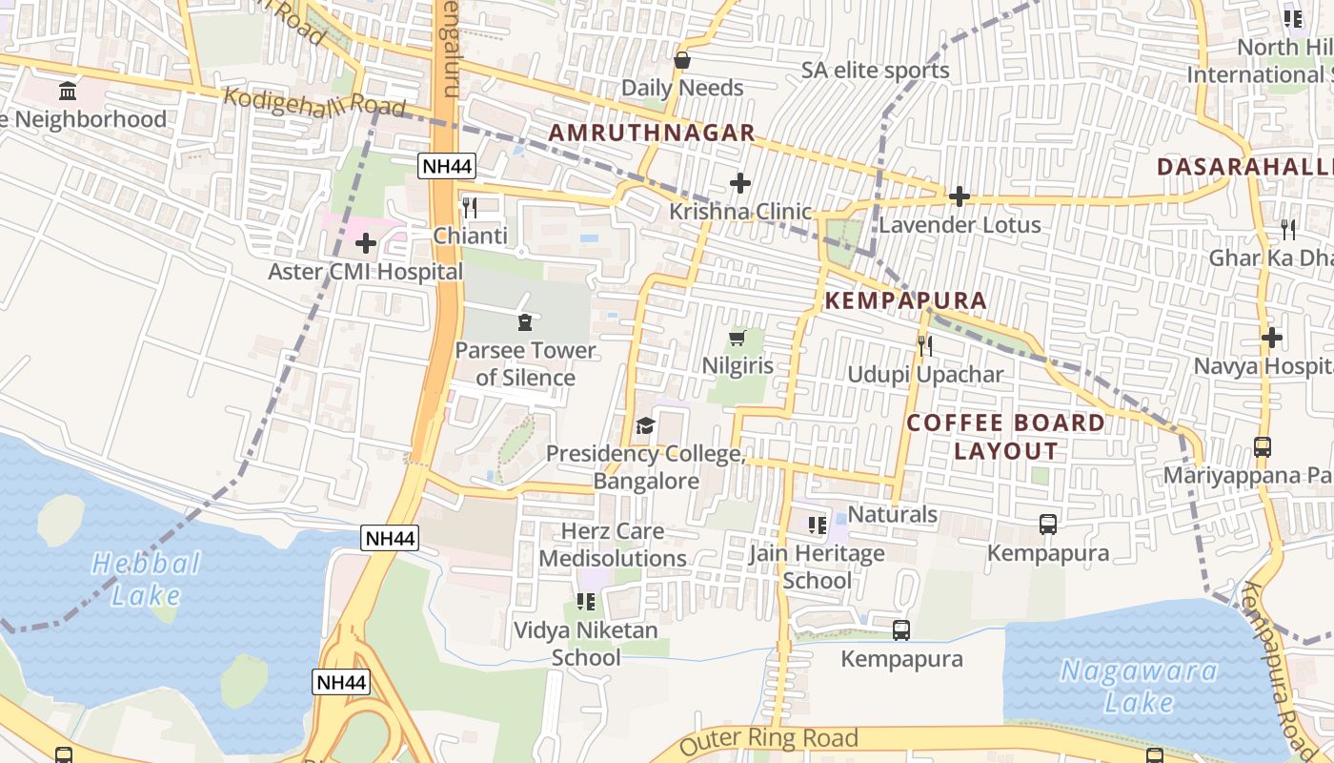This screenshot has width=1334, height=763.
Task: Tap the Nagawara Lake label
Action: (1139, 687)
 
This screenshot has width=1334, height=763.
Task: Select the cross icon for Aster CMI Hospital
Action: (366, 243)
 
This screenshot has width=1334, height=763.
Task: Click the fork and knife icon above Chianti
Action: (469, 207)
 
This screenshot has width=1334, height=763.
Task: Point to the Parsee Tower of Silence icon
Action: (524, 322)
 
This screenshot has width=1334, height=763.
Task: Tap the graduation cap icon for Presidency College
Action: (645, 425)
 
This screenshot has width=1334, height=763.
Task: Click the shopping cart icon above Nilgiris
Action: (737, 338)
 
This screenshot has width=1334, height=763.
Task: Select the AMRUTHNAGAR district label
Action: (653, 133)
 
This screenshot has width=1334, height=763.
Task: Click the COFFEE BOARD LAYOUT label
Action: (1006, 437)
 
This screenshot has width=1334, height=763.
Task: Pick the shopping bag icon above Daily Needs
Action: (682, 60)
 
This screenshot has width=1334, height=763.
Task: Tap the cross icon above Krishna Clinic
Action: (739, 183)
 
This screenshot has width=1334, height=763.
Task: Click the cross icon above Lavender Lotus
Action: (960, 196)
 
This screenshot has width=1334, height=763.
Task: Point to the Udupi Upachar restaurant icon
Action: (924, 345)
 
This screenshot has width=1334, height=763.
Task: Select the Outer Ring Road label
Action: (769, 739)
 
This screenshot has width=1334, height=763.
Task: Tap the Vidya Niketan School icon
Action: (585, 602)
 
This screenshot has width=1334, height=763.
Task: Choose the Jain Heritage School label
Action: (817, 567)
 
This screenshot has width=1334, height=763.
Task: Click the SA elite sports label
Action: (875, 71)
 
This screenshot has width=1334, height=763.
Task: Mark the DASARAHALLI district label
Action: (1244, 167)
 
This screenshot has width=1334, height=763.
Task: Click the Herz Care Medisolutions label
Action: (613, 545)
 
